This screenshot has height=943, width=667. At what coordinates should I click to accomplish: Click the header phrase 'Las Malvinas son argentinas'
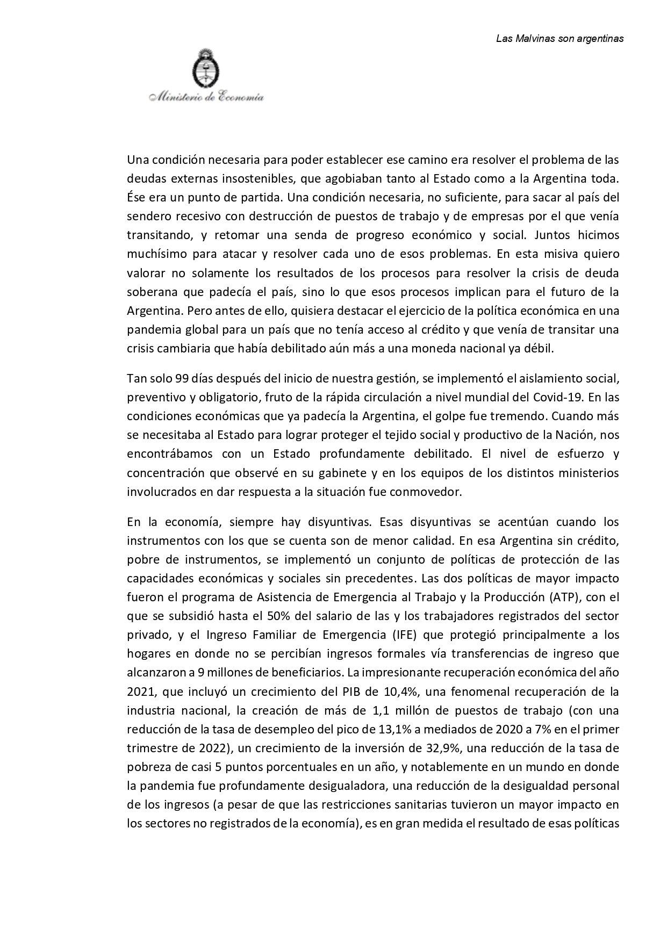click(560, 39)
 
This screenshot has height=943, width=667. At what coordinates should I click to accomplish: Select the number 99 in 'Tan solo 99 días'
click(182, 378)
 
